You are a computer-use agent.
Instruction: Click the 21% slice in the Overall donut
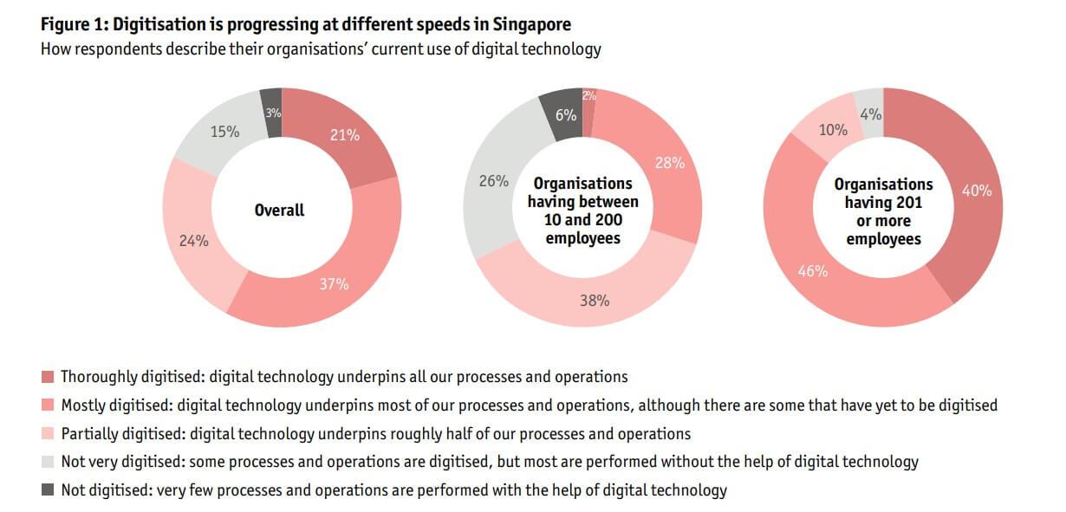(x=344, y=134)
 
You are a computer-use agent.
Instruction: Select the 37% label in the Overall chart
(x=334, y=284)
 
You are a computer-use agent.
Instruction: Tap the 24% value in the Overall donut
(x=193, y=241)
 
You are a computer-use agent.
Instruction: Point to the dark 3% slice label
(x=272, y=113)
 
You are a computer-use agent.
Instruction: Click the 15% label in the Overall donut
(x=224, y=132)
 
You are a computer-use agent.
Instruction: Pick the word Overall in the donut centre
(x=279, y=210)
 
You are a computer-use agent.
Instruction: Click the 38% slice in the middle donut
(x=594, y=301)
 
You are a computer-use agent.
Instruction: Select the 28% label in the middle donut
(x=670, y=162)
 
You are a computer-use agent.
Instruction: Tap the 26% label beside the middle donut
(x=493, y=182)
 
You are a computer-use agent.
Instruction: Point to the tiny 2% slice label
(x=589, y=96)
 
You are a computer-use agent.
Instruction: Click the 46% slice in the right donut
(x=812, y=271)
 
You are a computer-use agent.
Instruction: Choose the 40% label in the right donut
(x=977, y=191)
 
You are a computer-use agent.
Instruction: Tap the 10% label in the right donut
(x=833, y=130)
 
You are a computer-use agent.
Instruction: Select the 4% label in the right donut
(x=870, y=113)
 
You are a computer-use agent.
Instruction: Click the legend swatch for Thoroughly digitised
(x=48, y=377)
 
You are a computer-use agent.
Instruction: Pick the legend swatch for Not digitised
(x=48, y=490)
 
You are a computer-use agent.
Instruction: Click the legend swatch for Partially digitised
(x=48, y=433)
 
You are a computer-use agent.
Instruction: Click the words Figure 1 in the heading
(x=73, y=24)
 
